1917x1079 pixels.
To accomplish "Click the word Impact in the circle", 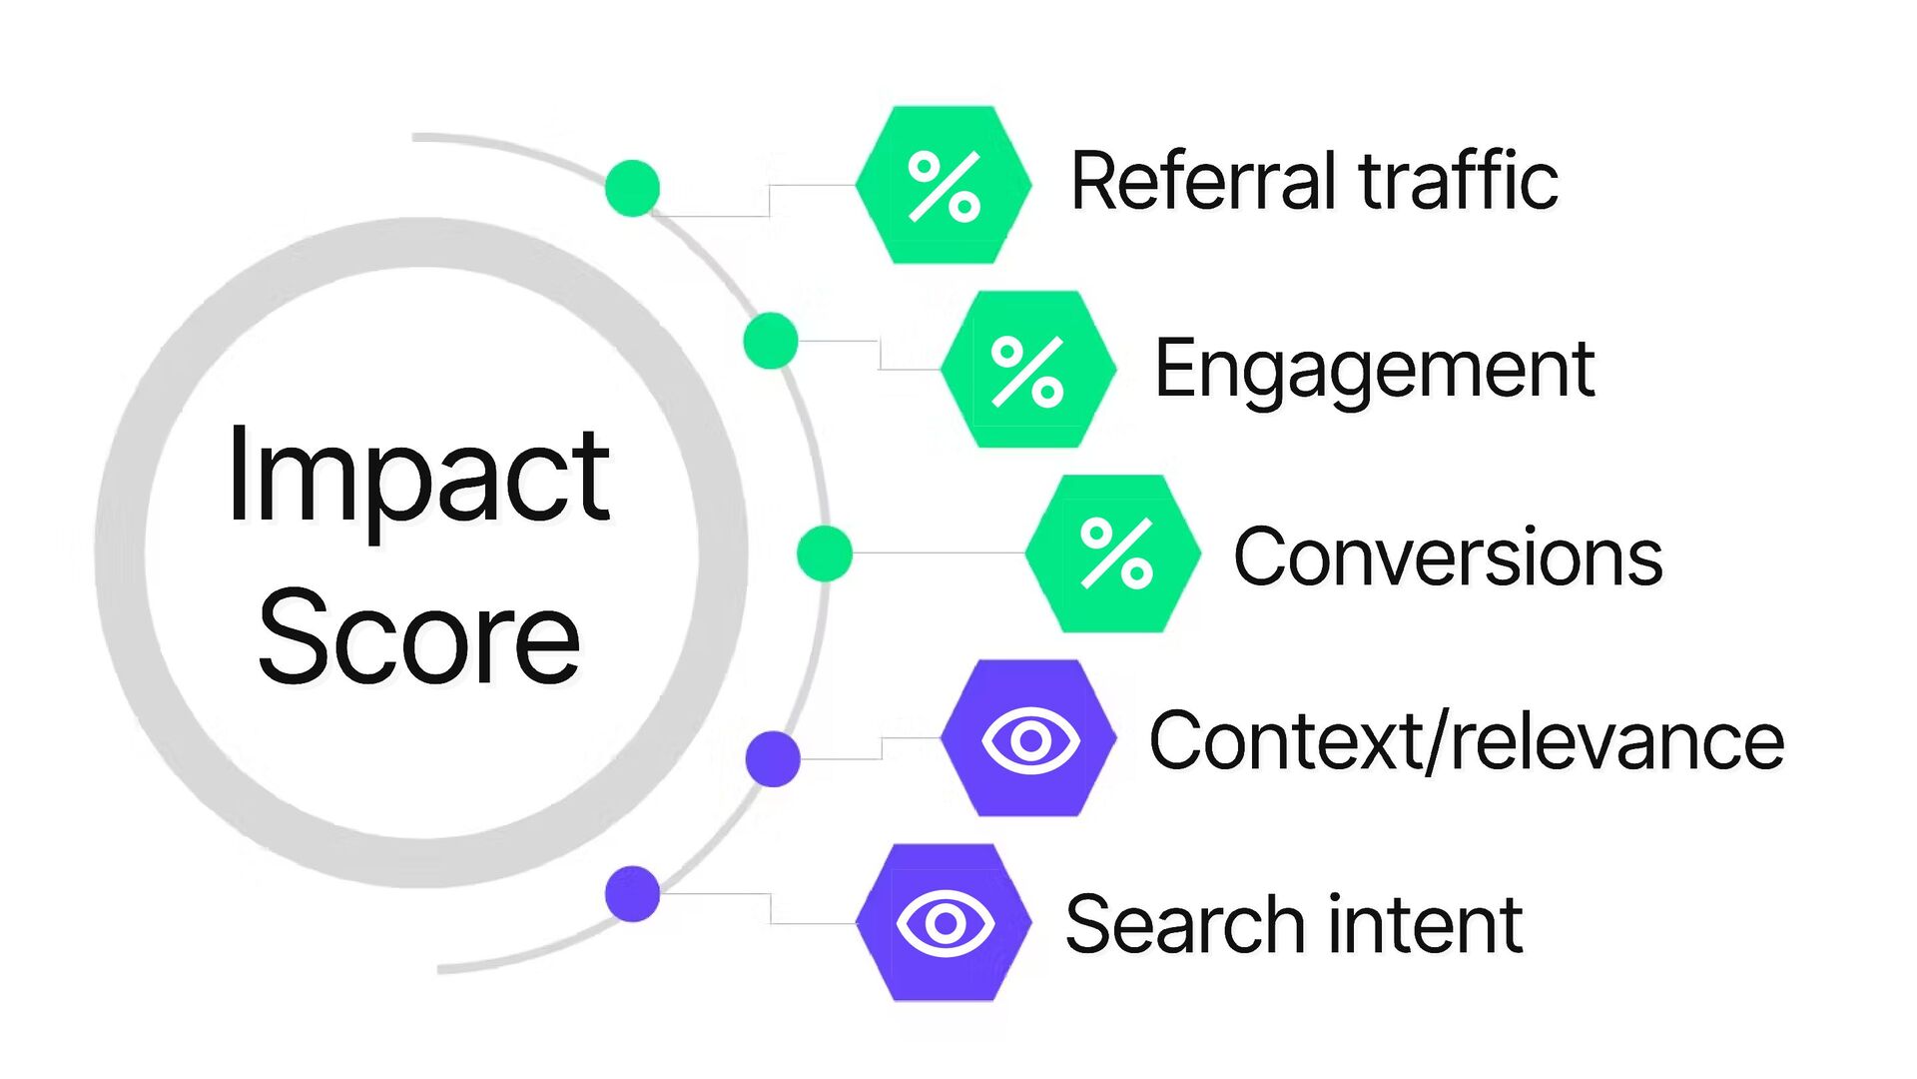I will click(418, 476).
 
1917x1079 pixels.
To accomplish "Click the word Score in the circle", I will click(418, 637).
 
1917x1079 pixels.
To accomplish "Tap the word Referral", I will click(1203, 182).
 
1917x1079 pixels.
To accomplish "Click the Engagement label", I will click(1374, 370).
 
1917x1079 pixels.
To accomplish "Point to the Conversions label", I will click(1448, 556).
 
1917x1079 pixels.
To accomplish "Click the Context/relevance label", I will click(1467, 741).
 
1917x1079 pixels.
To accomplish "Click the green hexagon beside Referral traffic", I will click(944, 185).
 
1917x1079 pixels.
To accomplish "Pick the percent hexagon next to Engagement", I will click(1028, 370).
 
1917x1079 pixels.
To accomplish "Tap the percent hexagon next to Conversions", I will click(1113, 553).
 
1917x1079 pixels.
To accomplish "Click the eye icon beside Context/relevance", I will click(1029, 739).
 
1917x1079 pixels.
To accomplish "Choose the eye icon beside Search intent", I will click(945, 923).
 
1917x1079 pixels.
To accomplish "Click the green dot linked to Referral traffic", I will click(632, 188).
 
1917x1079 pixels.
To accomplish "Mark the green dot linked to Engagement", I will click(771, 341).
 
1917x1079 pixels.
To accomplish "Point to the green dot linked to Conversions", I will click(825, 553).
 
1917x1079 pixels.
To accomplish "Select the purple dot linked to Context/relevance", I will click(773, 758).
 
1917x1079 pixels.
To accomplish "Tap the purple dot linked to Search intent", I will click(632, 893).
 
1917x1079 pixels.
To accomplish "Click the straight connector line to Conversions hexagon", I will click(939, 552).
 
